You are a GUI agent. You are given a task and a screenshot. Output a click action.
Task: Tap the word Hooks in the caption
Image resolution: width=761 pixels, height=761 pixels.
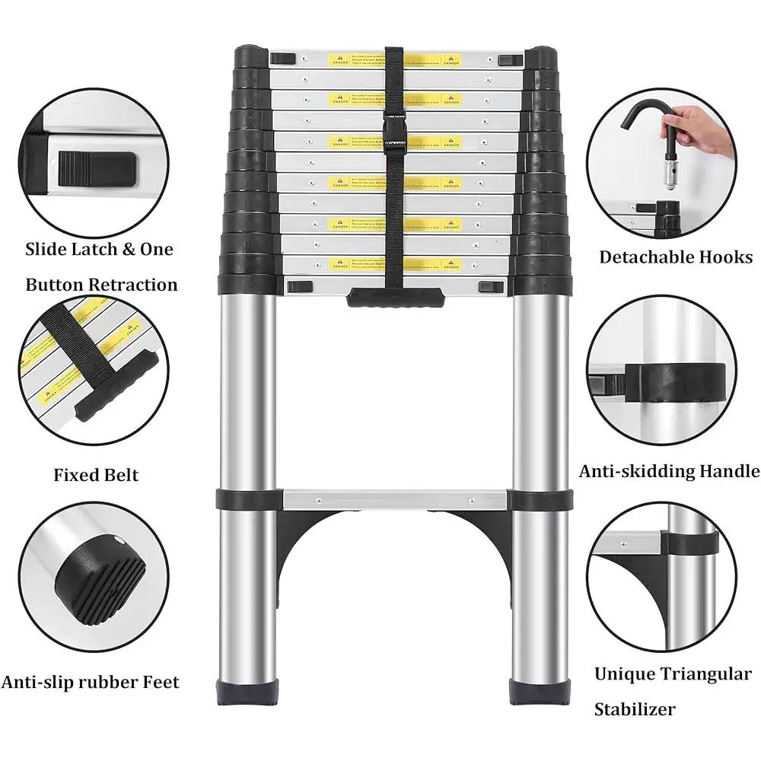[x=728, y=256]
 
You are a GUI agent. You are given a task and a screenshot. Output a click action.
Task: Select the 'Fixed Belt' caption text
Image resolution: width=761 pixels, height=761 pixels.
[x=96, y=476]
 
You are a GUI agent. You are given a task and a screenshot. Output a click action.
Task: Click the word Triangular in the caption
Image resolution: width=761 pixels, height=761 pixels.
[x=705, y=674]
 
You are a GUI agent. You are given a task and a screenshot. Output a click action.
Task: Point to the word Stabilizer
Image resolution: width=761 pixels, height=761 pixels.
[x=634, y=710]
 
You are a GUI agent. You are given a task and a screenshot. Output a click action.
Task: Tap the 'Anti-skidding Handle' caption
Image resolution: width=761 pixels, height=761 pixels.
[x=669, y=472]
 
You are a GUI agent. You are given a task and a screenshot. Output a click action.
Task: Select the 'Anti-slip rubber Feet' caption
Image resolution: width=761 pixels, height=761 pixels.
[x=91, y=682]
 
